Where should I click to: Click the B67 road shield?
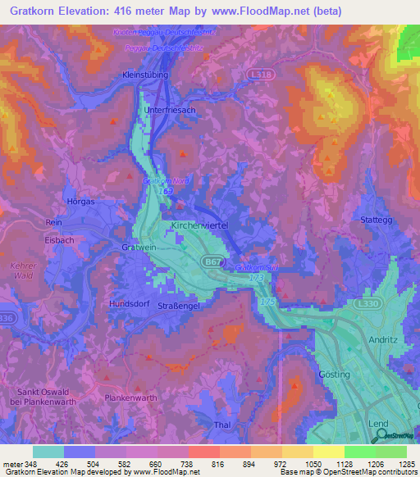(210, 260)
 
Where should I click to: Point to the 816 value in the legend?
(218, 465)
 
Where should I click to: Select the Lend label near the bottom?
(377, 423)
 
